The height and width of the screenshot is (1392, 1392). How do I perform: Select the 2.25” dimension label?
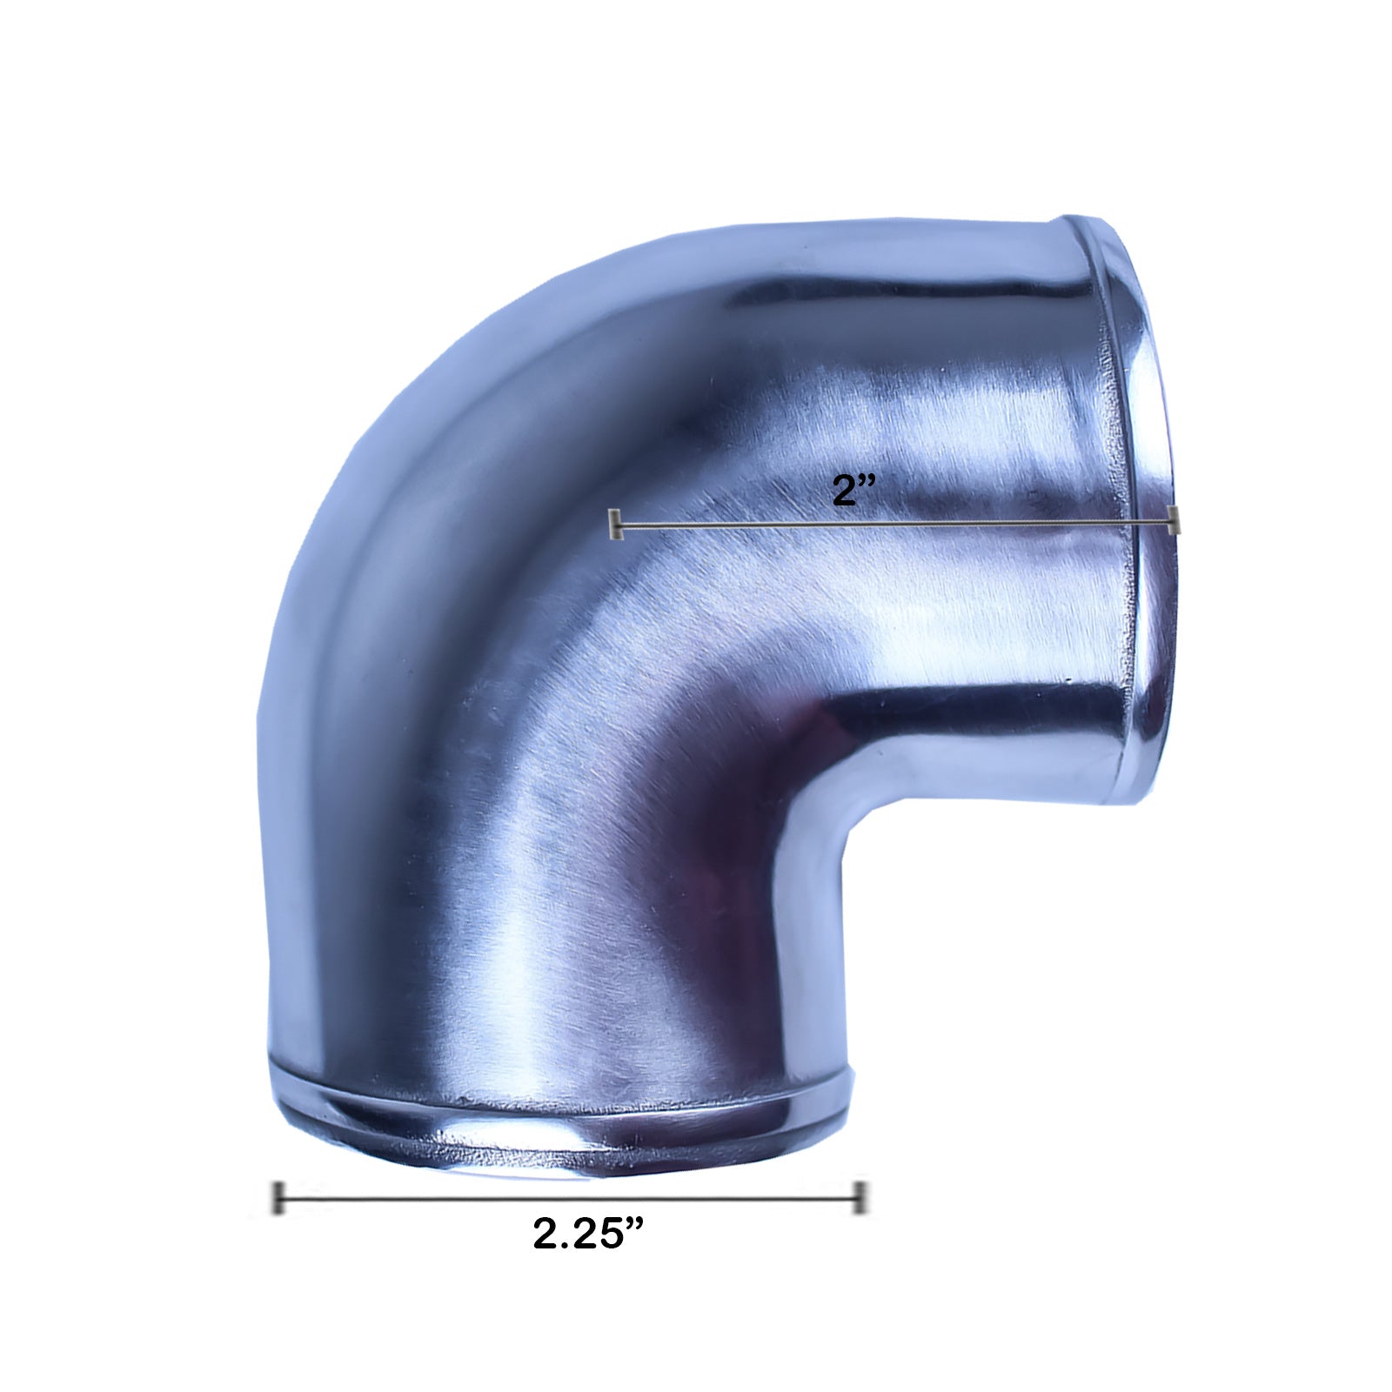(588, 1234)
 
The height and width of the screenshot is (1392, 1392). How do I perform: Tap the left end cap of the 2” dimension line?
(616, 525)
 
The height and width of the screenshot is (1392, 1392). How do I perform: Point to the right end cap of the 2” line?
(1174, 520)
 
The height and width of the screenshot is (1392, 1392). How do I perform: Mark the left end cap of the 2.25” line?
(278, 1198)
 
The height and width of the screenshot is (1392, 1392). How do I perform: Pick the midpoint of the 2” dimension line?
(895, 523)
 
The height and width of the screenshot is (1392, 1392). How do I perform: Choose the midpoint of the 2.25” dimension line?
(570, 1199)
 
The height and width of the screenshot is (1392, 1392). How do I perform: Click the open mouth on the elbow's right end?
(1154, 513)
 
